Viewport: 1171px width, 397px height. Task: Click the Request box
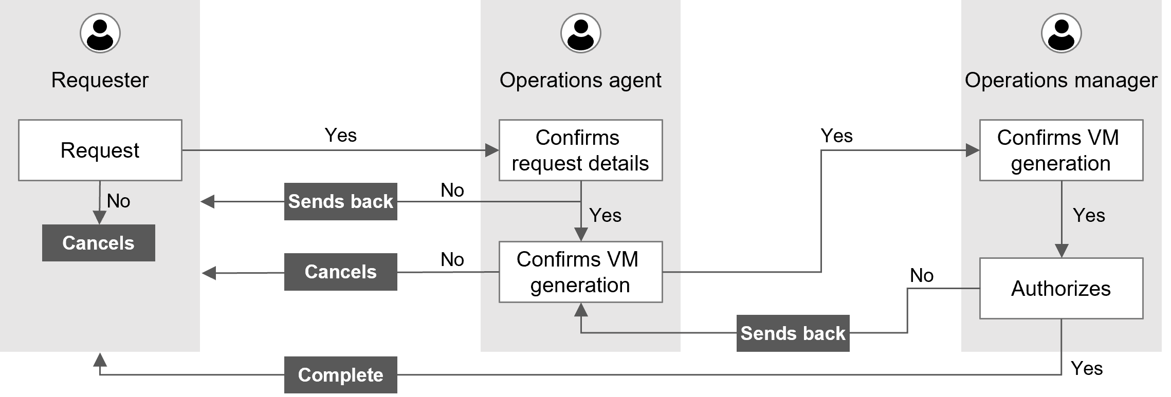pos(100,150)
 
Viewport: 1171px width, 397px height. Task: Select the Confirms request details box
pos(580,150)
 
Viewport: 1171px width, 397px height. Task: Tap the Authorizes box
pos(1061,288)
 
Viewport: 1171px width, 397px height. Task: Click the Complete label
pos(340,375)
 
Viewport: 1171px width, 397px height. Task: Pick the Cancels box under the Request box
pos(98,243)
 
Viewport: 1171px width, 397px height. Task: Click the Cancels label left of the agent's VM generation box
pos(340,272)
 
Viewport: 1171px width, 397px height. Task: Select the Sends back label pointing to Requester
pos(340,201)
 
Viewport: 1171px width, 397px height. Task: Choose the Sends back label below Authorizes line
pos(793,333)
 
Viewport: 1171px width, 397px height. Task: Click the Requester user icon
pos(100,33)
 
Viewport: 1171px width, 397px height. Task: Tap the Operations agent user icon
pos(580,33)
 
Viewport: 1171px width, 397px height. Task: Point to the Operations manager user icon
pos(1061,33)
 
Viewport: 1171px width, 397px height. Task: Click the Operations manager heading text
pos(1061,80)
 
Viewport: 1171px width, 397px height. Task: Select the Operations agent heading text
pos(580,80)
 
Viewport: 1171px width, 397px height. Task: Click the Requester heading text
pos(100,80)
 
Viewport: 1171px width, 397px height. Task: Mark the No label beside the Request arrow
pos(118,201)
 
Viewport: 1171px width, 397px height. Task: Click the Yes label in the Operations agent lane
pos(605,215)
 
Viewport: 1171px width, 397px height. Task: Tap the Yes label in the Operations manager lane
pos(1089,215)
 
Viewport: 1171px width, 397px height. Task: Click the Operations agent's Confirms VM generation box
pos(580,272)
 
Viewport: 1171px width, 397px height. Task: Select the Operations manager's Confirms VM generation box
pos(1061,150)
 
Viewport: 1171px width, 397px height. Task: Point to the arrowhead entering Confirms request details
pos(492,150)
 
